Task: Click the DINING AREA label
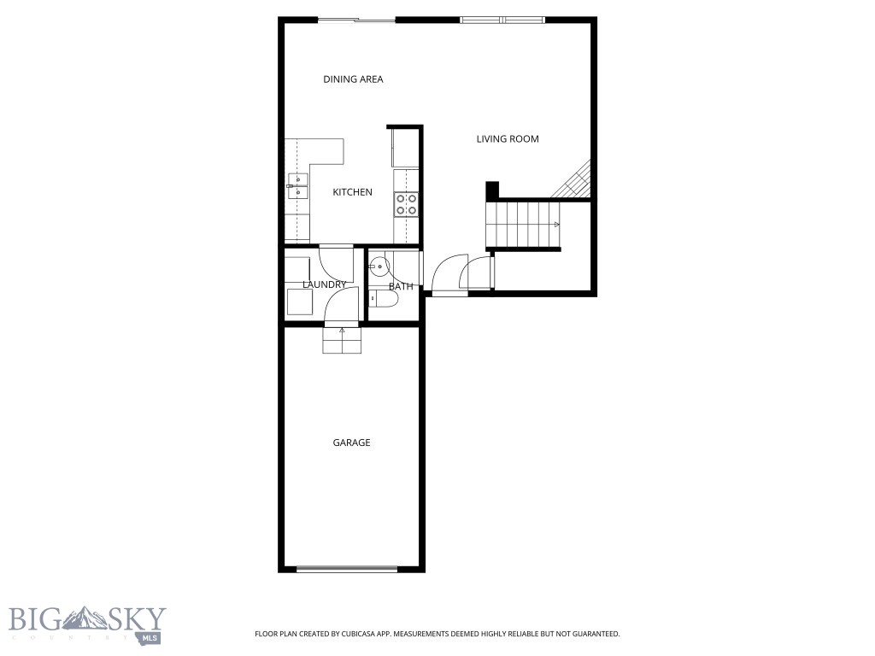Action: click(353, 79)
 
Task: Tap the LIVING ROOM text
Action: click(508, 138)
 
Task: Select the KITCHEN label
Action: click(352, 192)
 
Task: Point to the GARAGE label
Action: click(351, 442)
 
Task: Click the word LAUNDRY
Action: click(324, 284)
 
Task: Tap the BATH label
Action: click(401, 286)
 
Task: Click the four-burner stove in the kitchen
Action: click(406, 203)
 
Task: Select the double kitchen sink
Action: click(297, 185)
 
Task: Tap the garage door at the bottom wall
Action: click(346, 569)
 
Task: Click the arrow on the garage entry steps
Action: click(343, 330)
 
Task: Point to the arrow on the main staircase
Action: click(556, 225)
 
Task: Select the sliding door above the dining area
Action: click(356, 20)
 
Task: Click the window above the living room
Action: click(502, 20)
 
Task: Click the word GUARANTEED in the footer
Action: click(592, 635)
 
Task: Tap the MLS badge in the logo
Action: click(149, 637)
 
